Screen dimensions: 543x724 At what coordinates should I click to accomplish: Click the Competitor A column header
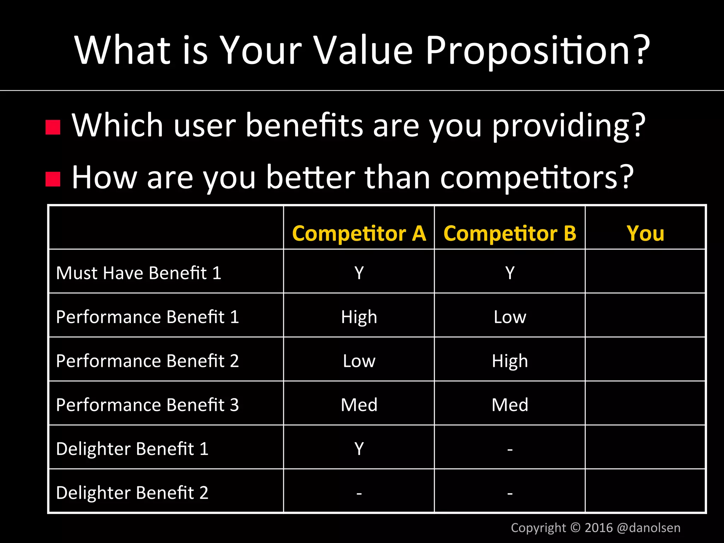(359, 234)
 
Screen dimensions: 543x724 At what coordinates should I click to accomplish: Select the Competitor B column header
(509, 234)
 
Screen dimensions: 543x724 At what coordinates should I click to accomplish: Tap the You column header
(645, 234)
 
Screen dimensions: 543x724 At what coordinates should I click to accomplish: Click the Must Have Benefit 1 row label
(139, 273)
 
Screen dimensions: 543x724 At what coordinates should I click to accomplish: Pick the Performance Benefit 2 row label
(147, 361)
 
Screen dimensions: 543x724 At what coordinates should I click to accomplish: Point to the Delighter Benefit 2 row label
(132, 493)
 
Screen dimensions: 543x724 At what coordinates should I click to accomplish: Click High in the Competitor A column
(359, 317)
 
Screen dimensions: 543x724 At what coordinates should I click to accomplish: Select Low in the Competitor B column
(509, 317)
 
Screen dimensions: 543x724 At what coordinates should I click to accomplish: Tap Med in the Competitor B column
(509, 405)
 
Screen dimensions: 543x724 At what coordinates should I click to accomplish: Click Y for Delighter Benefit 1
(359, 449)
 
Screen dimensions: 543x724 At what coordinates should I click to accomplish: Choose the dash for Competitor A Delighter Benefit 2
(359, 493)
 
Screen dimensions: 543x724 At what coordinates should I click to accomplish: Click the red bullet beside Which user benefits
(53, 127)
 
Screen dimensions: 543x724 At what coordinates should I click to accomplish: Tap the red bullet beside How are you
(53, 179)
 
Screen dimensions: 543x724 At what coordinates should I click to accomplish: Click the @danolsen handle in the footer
(648, 528)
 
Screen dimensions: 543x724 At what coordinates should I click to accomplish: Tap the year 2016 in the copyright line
(599, 528)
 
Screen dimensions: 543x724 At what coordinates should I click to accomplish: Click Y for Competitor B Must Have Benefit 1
(509, 273)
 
